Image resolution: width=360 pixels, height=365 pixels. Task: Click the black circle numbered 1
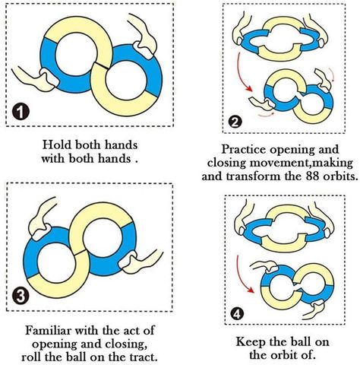[x=21, y=113]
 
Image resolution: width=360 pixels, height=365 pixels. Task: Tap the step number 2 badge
[x=235, y=122]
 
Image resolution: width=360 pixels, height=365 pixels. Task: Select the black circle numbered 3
[x=20, y=296]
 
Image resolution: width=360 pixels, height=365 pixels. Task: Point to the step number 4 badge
[x=237, y=314]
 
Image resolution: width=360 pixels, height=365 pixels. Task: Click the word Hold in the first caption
[x=57, y=144]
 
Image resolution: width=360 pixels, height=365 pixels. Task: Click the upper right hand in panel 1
[x=143, y=36]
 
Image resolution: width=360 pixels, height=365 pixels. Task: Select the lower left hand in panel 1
[x=36, y=79]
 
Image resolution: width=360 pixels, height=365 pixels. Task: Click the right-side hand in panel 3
[x=141, y=262]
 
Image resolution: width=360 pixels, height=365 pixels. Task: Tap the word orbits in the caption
[x=340, y=176]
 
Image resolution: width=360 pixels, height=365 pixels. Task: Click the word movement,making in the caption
[x=302, y=163]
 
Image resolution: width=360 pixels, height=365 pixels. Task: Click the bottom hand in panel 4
[x=315, y=309]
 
